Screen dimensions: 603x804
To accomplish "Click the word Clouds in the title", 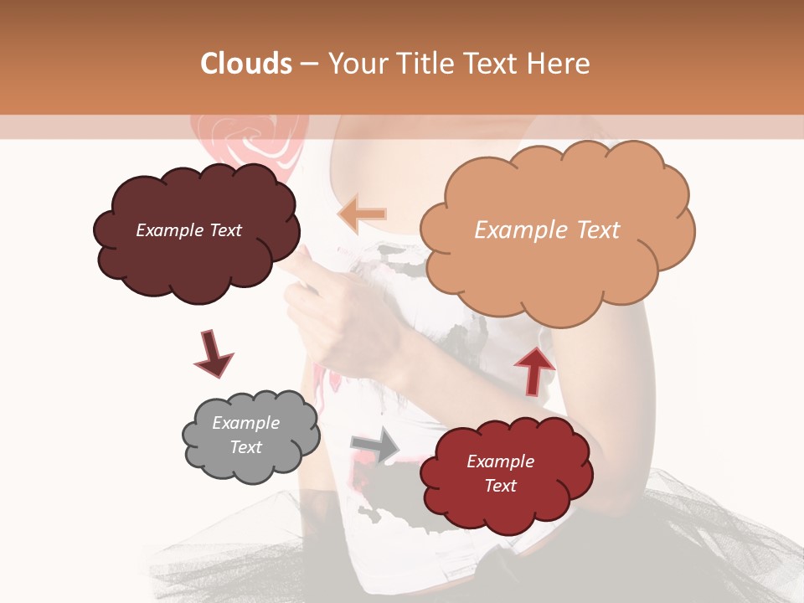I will (x=246, y=64).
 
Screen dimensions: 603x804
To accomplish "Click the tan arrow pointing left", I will (x=362, y=214).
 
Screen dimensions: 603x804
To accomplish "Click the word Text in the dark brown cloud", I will (x=224, y=230).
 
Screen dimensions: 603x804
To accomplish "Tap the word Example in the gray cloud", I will (x=245, y=423).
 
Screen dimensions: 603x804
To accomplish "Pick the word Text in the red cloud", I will (x=500, y=486).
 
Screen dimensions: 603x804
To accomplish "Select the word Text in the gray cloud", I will (x=245, y=447).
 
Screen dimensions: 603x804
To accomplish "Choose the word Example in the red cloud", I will (x=500, y=461).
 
